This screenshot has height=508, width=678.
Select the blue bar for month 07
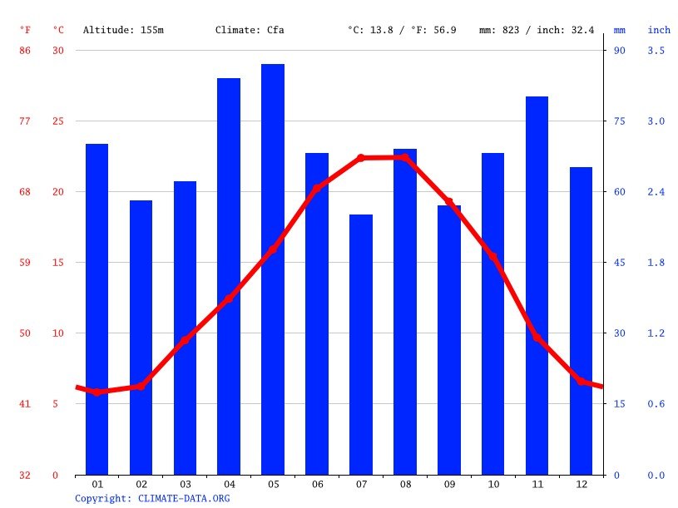361,344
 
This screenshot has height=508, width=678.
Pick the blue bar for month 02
141,337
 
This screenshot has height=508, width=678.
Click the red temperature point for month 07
361,158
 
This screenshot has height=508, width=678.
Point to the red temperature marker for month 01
97,392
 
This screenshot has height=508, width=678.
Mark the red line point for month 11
537,338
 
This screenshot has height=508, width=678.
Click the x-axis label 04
229,484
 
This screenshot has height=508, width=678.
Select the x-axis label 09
449,484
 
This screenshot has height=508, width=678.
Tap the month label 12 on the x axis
581,484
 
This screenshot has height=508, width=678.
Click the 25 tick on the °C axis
58,121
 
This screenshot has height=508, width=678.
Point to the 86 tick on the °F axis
25,51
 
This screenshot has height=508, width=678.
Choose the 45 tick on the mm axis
619,263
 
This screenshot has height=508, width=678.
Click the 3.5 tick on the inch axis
656,51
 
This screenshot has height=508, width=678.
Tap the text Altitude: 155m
123,30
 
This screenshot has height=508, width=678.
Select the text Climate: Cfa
250,30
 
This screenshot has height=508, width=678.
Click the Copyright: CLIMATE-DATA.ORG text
152,499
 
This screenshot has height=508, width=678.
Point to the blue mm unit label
619,30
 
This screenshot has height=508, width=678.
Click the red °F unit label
25,30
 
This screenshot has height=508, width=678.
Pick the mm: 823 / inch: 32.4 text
537,30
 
